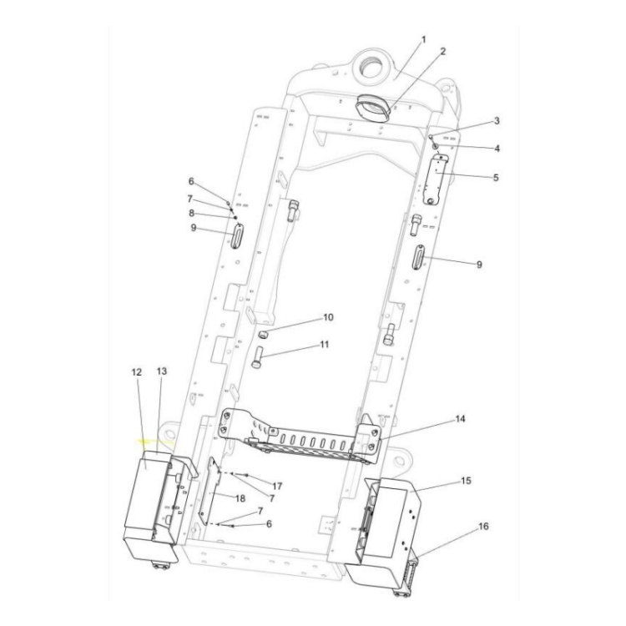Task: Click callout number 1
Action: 423,39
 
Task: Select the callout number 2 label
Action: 442,51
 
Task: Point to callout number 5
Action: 496,178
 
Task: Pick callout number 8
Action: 191,214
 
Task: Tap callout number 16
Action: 485,527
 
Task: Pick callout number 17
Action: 276,485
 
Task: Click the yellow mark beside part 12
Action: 153,443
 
